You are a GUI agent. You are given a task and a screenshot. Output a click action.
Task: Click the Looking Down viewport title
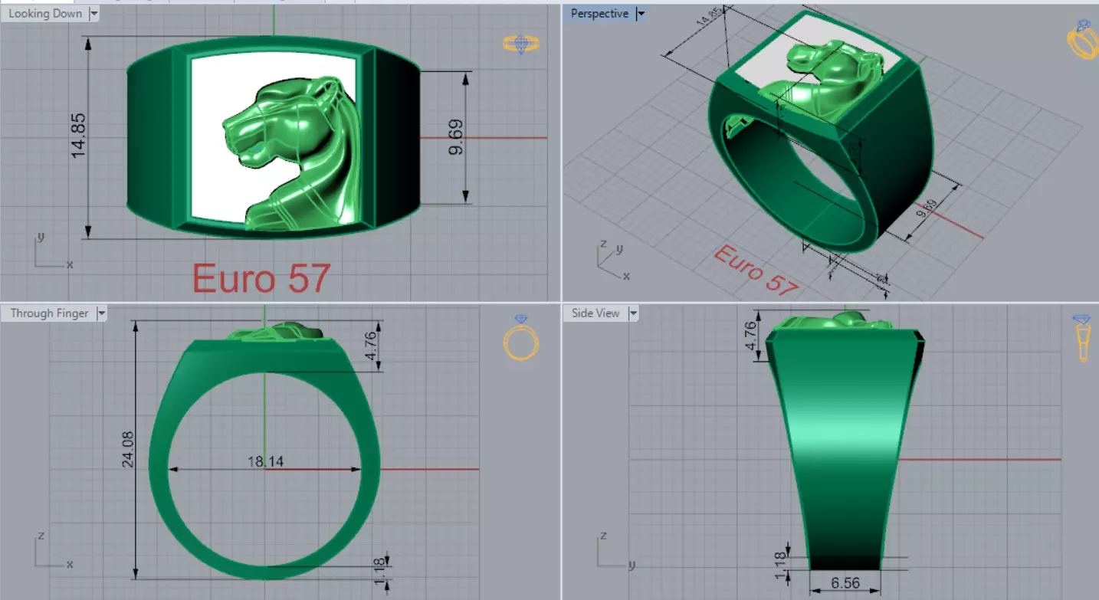pos(45,14)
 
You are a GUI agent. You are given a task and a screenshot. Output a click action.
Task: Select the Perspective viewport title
pos(599,14)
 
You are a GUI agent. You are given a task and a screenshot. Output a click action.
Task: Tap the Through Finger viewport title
pos(50,313)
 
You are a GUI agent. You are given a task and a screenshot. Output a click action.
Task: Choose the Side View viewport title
pos(595,313)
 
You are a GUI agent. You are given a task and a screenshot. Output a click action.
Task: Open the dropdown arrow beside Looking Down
pos(94,14)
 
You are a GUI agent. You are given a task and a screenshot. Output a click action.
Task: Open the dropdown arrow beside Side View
pos(633,313)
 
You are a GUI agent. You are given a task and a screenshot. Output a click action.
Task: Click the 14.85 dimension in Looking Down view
pos(78,136)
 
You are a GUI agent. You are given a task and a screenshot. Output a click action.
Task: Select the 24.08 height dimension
pos(127,449)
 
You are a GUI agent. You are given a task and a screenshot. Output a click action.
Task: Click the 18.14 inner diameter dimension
pos(263,462)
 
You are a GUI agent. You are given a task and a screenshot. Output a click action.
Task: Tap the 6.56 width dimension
pos(845,583)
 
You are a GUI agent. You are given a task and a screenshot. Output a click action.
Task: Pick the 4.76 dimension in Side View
pos(750,336)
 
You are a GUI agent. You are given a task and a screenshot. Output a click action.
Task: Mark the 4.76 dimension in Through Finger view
pos(370,346)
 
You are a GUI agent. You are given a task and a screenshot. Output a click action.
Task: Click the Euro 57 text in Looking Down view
pos(261,278)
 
